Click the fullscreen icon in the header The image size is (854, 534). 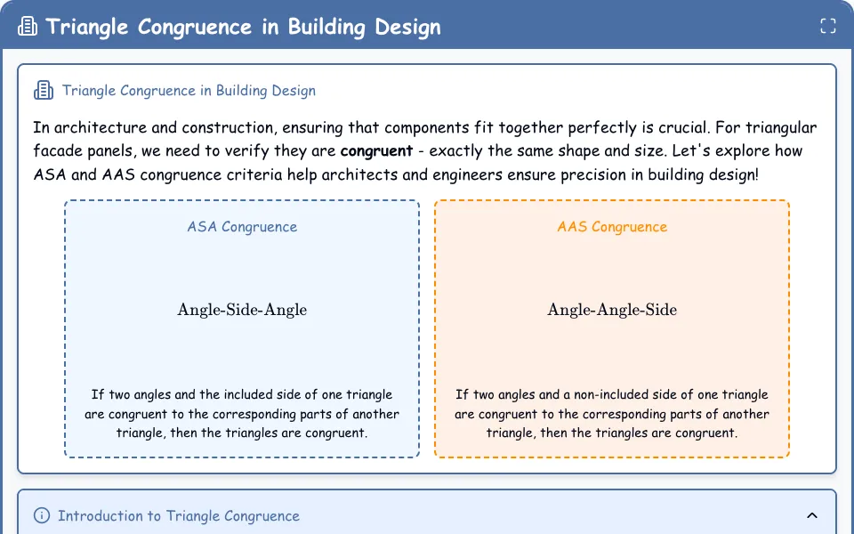click(828, 26)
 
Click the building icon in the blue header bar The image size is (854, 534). click(28, 26)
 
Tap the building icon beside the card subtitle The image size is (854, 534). click(44, 91)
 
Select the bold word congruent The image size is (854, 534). click(376, 151)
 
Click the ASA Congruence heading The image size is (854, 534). click(242, 227)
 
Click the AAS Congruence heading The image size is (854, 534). click(612, 227)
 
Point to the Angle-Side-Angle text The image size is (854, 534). click(242, 310)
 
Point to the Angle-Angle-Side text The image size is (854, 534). click(612, 310)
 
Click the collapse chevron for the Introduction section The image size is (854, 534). click(812, 515)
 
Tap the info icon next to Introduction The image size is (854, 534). click(42, 515)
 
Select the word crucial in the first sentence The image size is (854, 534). click(682, 127)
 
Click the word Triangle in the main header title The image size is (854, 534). click(86, 27)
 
